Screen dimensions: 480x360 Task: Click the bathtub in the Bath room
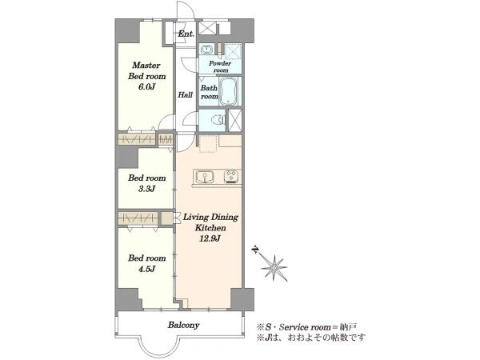coord(228,91)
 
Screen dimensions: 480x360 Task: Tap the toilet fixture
coord(219,120)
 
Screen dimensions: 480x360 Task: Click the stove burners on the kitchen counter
coord(232,177)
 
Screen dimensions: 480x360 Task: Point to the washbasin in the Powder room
coord(207,50)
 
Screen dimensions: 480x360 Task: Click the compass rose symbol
coord(274,268)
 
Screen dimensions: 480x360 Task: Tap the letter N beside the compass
coord(254,250)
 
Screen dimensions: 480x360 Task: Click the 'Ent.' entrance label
coord(186,34)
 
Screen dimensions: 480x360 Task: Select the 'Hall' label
coord(186,94)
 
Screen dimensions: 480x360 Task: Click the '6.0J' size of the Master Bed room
coord(147,87)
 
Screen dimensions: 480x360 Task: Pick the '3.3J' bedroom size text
coord(147,189)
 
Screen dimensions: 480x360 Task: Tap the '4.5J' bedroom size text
coord(147,269)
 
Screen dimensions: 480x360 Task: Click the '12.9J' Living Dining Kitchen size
coord(210,238)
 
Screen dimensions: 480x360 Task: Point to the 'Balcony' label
coord(184,325)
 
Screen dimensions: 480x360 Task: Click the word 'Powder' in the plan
coord(220,63)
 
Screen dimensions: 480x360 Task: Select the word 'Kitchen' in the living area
coord(210,228)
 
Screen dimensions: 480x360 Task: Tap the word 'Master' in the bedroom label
coord(146,66)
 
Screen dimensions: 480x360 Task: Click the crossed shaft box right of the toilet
coord(235,120)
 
